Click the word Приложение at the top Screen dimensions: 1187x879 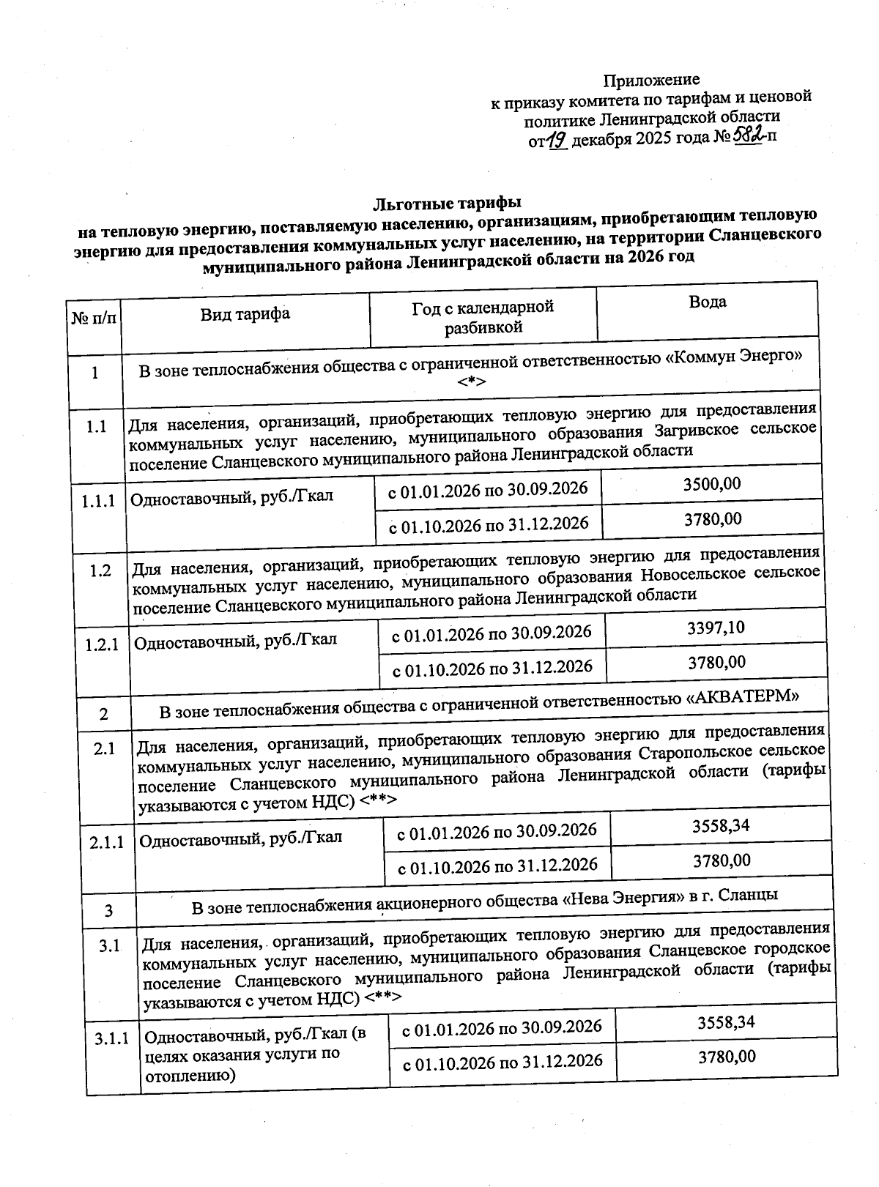pyautogui.click(x=651, y=79)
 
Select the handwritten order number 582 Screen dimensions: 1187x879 pyautogui.click(x=748, y=134)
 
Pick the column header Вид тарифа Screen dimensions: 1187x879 pyautogui.click(x=245, y=314)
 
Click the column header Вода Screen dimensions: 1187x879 pyautogui.click(x=707, y=302)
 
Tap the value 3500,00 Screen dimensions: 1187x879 pyautogui.click(x=711, y=484)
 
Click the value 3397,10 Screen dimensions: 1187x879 pyautogui.click(x=716, y=628)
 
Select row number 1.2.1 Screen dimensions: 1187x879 pyautogui.click(x=102, y=645)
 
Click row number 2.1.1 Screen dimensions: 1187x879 pyautogui.click(x=107, y=843)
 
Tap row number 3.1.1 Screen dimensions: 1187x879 pyautogui.click(x=111, y=1038)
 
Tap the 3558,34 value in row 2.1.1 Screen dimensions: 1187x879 pyautogui.click(x=721, y=826)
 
